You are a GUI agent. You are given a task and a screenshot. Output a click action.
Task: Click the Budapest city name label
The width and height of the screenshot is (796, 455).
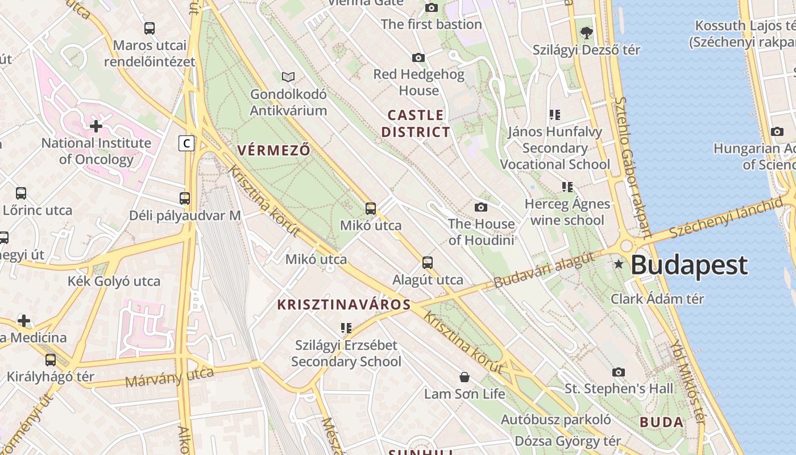click(689, 265)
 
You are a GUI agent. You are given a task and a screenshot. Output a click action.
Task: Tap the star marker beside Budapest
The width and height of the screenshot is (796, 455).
click(619, 264)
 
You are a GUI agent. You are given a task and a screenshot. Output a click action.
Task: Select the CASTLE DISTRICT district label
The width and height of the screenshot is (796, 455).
click(415, 123)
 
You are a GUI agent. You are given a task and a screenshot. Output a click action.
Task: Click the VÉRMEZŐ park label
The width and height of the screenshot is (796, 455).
click(273, 150)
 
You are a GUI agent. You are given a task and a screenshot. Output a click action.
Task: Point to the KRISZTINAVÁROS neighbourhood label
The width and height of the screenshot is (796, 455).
click(343, 304)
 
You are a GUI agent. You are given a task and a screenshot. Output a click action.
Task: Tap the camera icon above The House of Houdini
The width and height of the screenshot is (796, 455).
click(481, 207)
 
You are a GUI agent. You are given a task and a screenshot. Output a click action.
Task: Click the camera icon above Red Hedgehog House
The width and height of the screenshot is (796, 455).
click(418, 57)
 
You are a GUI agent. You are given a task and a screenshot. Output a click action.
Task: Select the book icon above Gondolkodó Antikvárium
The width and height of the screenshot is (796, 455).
click(288, 77)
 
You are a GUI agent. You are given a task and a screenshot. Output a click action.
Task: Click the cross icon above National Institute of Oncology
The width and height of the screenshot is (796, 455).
click(96, 126)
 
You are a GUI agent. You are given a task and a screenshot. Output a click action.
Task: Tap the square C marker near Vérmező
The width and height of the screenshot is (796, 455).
click(186, 143)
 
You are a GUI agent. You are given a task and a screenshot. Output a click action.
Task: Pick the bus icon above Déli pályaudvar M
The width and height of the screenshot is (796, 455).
click(185, 198)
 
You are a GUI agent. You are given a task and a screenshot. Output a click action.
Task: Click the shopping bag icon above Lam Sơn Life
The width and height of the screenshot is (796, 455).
click(465, 377)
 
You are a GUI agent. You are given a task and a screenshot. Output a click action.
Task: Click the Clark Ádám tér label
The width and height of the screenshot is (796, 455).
click(657, 299)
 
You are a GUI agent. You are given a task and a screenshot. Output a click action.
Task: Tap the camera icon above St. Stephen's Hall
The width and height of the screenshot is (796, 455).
click(619, 372)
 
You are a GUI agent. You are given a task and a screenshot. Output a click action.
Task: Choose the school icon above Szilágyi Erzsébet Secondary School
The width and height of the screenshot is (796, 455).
click(346, 328)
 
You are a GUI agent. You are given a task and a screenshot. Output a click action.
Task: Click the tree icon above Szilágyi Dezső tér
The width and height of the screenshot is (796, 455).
click(586, 33)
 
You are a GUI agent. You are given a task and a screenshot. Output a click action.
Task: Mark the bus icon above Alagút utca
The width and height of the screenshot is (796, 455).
click(428, 263)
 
